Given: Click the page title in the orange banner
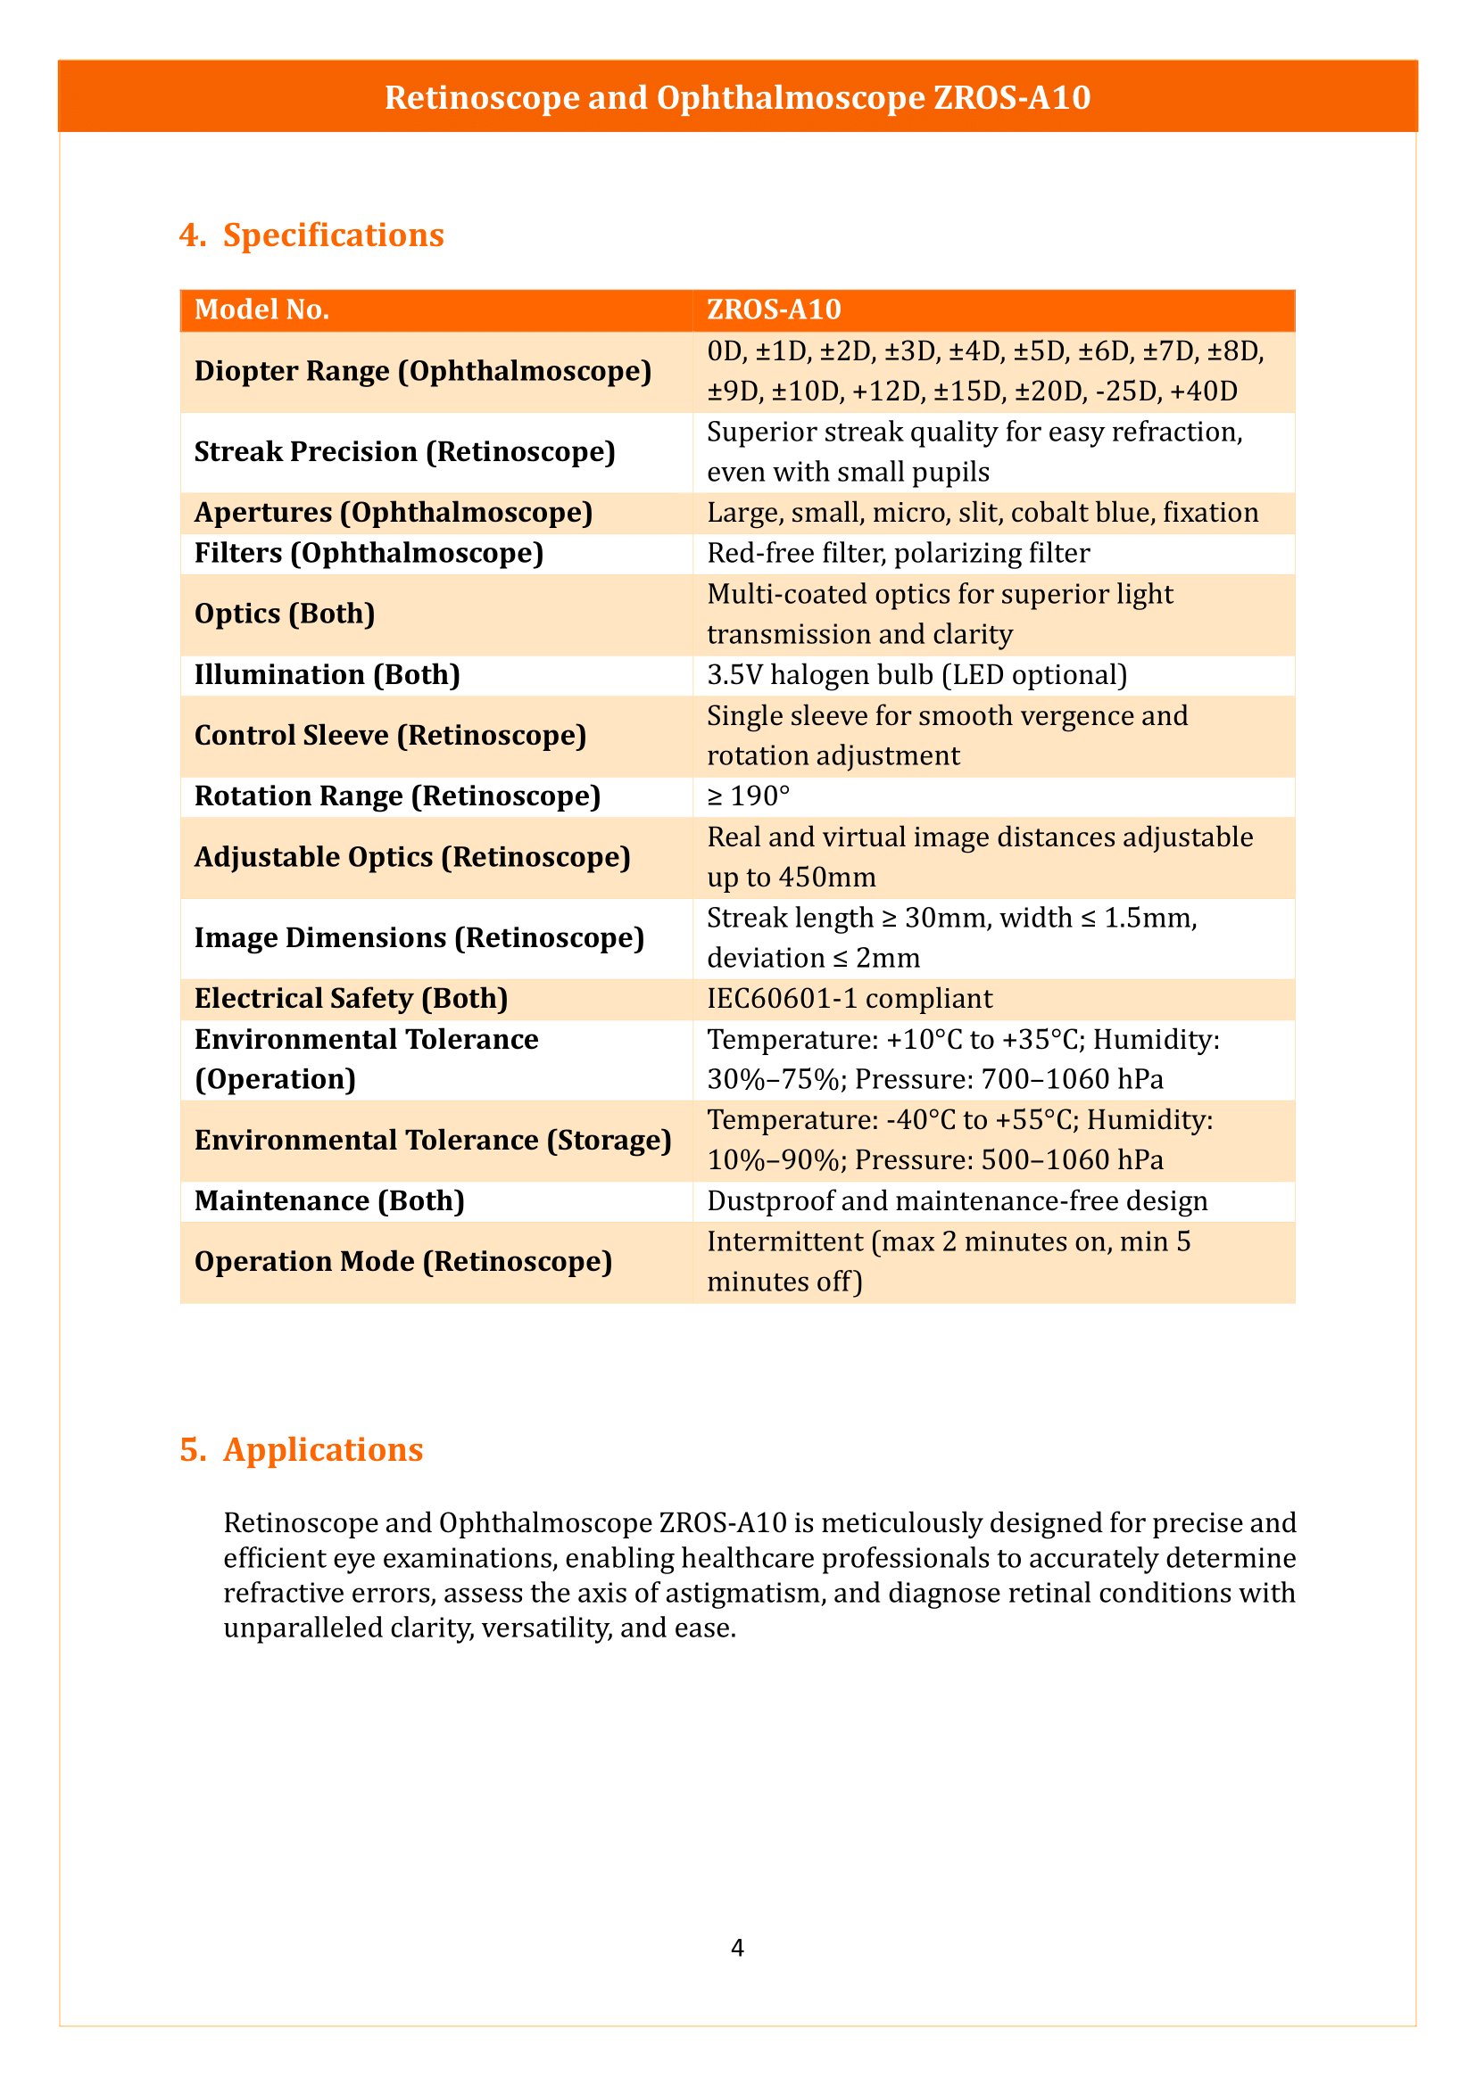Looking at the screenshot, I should pos(737,98).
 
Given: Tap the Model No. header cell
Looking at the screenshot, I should pos(261,309).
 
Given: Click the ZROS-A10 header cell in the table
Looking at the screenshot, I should pos(774,309).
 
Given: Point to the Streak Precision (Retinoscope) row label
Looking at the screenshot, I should pos(404,451).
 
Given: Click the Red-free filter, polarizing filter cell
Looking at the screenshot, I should pos(898,553).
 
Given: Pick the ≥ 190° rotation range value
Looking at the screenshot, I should pos(748,796).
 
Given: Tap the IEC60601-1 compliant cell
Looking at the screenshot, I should pos(849,999).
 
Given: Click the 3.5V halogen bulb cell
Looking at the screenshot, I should pos(916,675).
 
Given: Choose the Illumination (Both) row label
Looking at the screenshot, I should pos(328,675).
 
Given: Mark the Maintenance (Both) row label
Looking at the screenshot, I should pos(329,1201).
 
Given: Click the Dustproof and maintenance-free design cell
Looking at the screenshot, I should pos(957,1201).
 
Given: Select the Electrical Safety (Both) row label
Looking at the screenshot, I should pos(351,999).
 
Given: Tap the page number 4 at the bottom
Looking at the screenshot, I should pos(737,1948).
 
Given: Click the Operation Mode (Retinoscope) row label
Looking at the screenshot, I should pos(402,1262).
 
